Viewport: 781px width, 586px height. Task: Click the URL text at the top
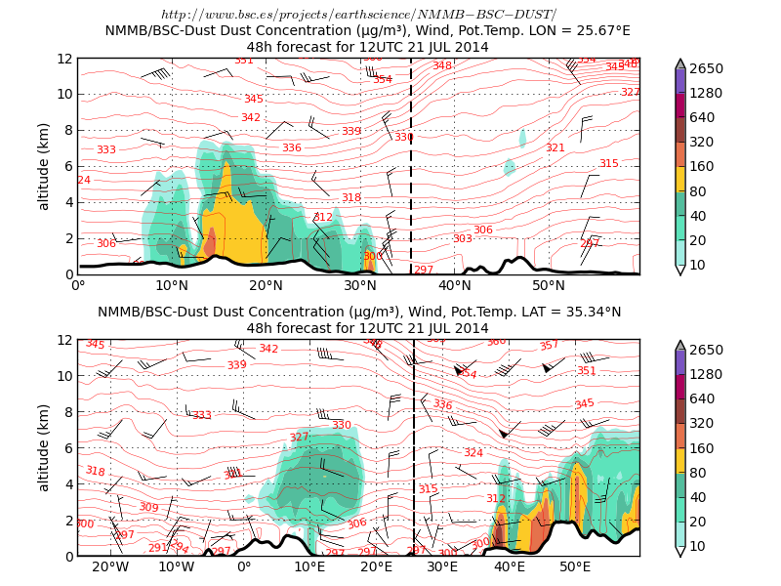pyautogui.click(x=358, y=15)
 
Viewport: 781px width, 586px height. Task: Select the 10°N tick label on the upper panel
pyautogui.click(x=172, y=285)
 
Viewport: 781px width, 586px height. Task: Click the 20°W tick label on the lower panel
pyautogui.click(x=110, y=567)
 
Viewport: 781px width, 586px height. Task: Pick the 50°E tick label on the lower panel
pyautogui.click(x=575, y=567)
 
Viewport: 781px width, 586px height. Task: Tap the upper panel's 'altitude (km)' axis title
pyautogui.click(x=44, y=166)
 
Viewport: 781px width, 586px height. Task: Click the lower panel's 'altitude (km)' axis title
pyautogui.click(x=44, y=447)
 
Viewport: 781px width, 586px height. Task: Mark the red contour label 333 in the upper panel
pyautogui.click(x=106, y=149)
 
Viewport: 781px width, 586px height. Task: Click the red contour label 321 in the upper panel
pyautogui.click(x=555, y=148)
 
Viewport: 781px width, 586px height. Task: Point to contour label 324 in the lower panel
pyautogui.click(x=473, y=453)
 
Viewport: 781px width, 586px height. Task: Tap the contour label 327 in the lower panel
pyautogui.click(x=299, y=438)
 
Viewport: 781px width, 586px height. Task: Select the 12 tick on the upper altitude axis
pyautogui.click(x=65, y=59)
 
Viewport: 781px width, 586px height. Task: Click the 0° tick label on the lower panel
pyautogui.click(x=244, y=567)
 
